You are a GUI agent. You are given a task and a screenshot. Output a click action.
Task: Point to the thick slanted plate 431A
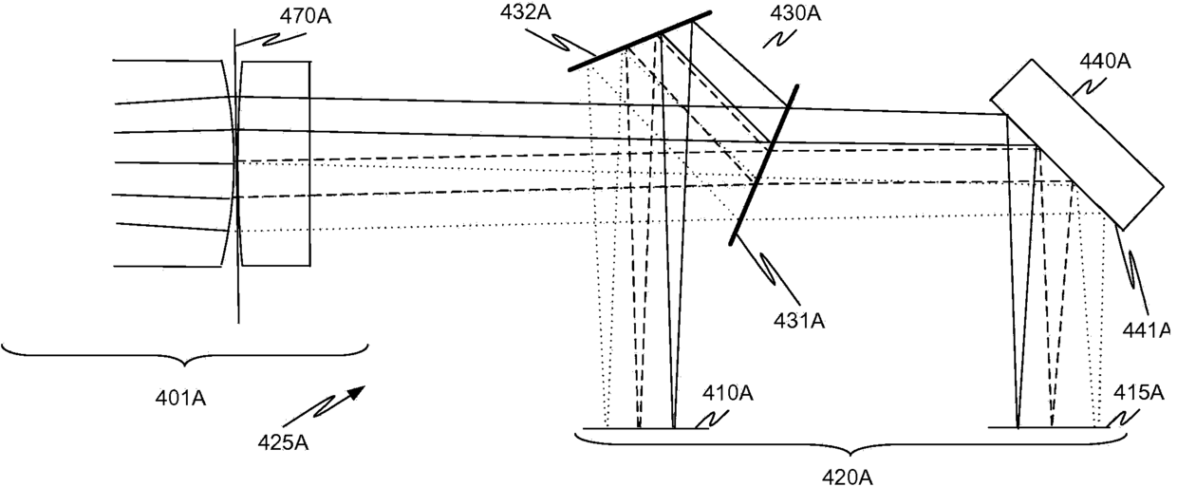(763, 163)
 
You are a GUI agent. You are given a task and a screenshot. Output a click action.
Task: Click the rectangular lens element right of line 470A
(275, 162)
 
